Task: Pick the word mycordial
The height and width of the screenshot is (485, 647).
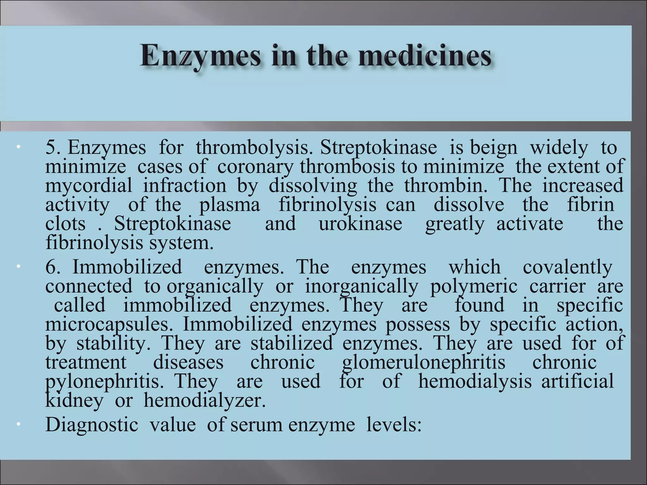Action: tap(88, 186)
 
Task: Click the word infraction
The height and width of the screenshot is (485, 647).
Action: tap(185, 186)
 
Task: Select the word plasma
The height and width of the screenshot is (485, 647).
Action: tap(230, 205)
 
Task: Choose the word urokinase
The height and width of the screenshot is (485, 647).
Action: tap(360, 224)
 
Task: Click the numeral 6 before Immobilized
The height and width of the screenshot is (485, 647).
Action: tap(51, 267)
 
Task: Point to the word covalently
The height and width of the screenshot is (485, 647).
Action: tap(568, 267)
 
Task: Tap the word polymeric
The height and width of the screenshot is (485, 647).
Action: tap(474, 286)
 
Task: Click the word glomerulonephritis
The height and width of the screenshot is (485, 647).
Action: tap(424, 362)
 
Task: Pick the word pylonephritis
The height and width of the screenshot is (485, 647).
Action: tap(105, 381)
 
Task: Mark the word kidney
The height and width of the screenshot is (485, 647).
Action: tap(74, 401)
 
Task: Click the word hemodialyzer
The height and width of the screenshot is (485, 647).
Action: tap(205, 401)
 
